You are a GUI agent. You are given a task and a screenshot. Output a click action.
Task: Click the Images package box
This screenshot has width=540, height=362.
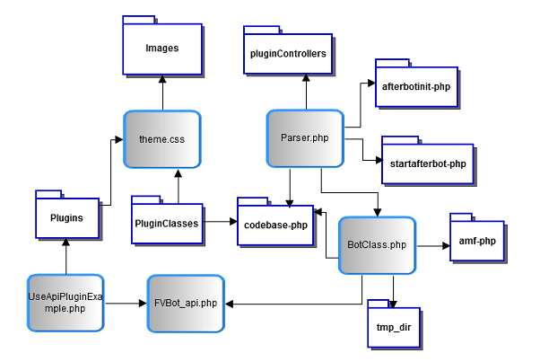tap(162, 47)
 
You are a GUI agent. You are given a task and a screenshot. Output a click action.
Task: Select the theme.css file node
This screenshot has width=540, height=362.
tap(162, 139)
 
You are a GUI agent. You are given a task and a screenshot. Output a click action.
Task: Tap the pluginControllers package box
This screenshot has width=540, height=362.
tap(287, 54)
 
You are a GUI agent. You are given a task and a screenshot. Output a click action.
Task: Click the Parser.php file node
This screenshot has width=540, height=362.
tap(306, 137)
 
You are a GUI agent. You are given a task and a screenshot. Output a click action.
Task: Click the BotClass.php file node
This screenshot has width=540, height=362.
tap(377, 244)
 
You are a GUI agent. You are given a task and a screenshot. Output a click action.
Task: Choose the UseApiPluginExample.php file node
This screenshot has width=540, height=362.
tap(66, 302)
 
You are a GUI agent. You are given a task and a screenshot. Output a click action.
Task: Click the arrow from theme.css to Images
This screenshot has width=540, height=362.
tap(162, 93)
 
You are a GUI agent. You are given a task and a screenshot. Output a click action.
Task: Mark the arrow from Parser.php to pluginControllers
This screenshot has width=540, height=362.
tap(306, 93)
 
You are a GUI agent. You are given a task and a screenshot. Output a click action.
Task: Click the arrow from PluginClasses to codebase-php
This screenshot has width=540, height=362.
tap(219, 220)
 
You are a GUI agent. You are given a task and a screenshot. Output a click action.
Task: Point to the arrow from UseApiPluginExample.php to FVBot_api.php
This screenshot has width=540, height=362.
tap(126, 304)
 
